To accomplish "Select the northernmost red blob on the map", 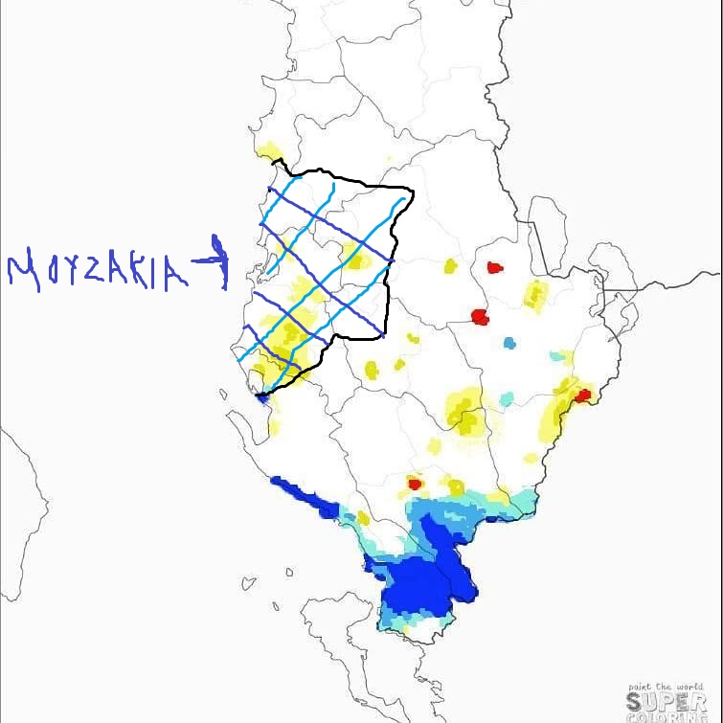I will click(495, 268).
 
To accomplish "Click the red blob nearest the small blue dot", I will click(480, 317).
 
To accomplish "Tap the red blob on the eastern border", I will click(582, 395).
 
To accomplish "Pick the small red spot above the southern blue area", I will click(415, 482).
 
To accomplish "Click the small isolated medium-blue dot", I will click(508, 342).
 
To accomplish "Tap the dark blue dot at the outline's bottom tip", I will click(261, 396).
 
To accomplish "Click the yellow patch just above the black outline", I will click(271, 151).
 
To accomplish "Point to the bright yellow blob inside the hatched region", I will click(357, 257).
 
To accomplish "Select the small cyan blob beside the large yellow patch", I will click(506, 397).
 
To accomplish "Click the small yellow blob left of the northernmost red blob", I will click(450, 266).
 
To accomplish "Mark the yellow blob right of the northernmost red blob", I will click(534, 295).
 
